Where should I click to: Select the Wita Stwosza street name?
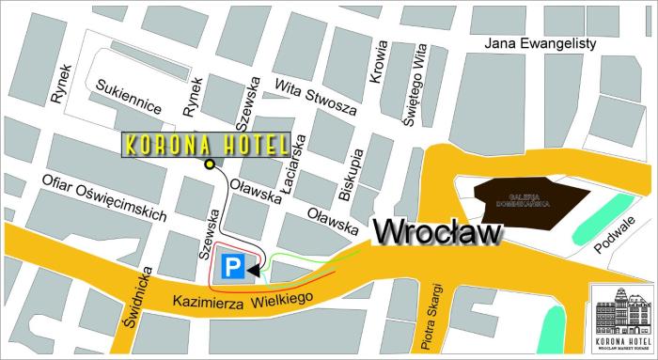(x=315, y=97)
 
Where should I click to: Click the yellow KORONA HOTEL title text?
(x=205, y=146)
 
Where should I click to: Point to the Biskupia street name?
(x=349, y=175)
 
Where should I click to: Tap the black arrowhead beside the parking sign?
(x=254, y=271)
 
